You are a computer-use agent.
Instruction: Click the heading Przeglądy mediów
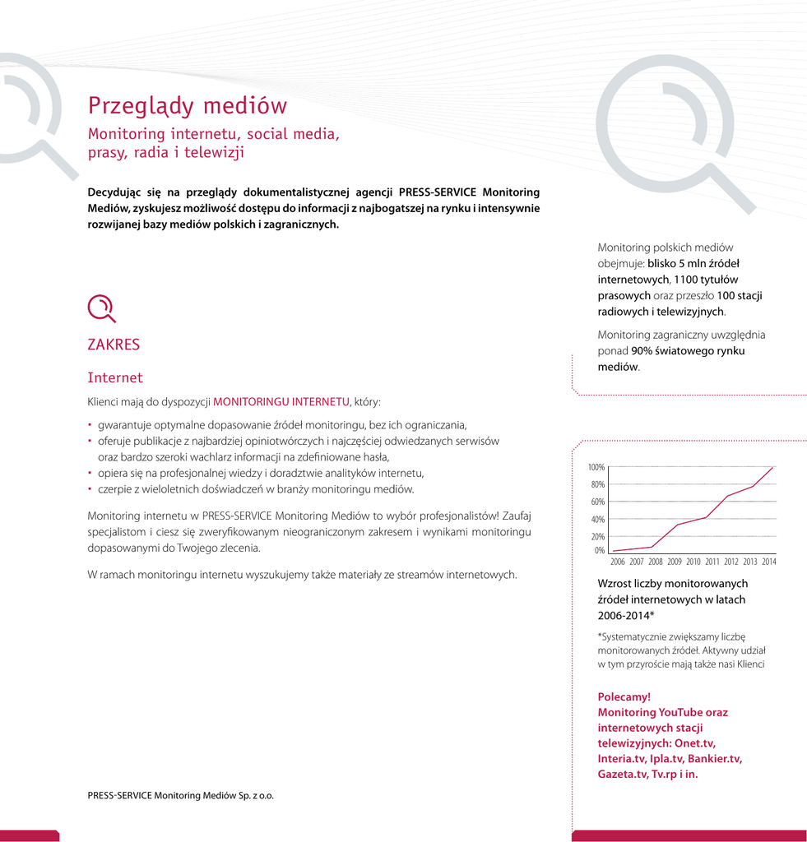point(188,106)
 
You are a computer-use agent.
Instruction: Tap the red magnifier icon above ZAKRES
point(101,308)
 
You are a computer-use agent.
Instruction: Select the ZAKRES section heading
point(114,345)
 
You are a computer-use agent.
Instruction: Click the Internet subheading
point(115,378)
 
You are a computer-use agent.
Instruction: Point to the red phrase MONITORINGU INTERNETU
point(281,402)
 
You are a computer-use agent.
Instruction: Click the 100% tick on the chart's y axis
point(596,467)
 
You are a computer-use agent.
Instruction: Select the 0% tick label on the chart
point(599,551)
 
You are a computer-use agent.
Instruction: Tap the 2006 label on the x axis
point(618,562)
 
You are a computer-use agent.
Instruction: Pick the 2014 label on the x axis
point(769,562)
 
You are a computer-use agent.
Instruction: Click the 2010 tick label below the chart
point(693,562)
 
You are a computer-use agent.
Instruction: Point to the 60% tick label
point(598,502)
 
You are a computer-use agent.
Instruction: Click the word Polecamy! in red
point(624,697)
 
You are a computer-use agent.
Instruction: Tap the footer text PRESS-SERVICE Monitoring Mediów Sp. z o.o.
point(180,796)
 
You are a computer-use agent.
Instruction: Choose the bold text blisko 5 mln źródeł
point(693,264)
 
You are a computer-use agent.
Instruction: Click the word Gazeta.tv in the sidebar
point(622,775)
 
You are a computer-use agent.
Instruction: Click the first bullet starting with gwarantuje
point(282,425)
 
